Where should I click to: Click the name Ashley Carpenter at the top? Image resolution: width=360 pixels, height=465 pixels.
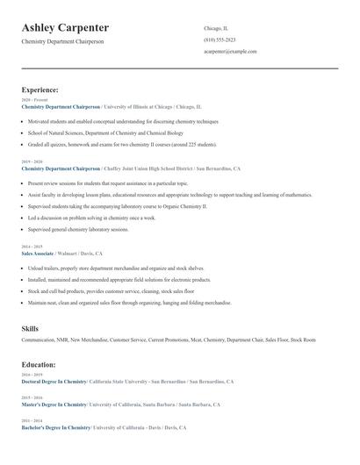click(65, 28)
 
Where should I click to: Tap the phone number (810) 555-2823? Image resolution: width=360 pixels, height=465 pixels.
click(219, 39)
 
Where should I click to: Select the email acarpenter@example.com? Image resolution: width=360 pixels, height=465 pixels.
click(230, 51)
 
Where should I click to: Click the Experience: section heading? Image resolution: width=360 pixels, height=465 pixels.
click(40, 89)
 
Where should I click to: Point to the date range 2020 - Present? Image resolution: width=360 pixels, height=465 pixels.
click(34, 100)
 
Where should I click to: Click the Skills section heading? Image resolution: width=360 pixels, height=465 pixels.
click(30, 328)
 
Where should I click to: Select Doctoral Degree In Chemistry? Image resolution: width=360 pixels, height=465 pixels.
click(54, 382)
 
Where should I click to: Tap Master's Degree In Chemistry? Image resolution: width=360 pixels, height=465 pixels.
click(54, 404)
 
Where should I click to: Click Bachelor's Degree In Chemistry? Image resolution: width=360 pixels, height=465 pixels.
click(55, 427)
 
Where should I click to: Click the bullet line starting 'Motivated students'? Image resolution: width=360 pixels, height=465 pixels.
click(123, 121)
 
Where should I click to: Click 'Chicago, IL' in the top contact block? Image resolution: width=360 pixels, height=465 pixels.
click(216, 28)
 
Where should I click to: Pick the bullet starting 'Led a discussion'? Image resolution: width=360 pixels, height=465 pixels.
click(91, 218)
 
